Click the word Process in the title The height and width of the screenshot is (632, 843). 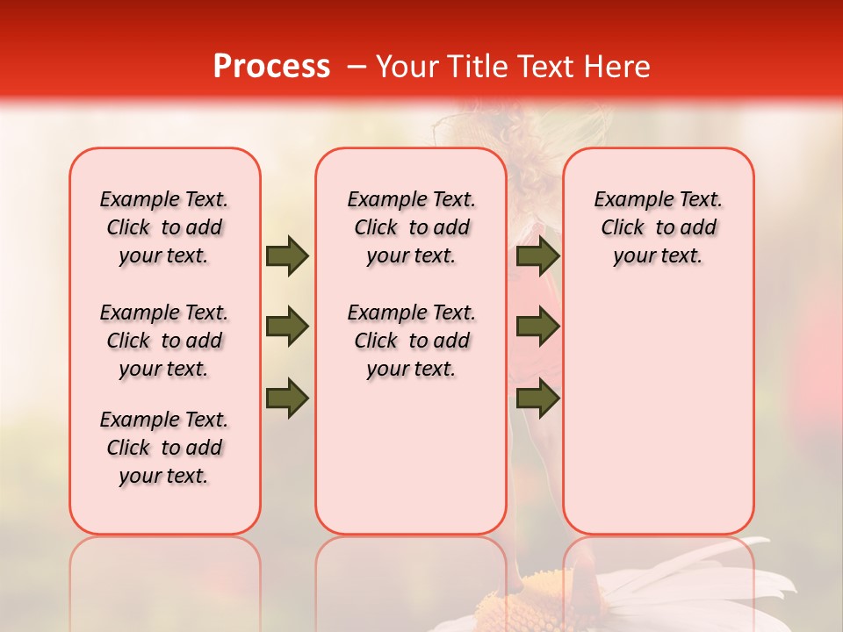271,67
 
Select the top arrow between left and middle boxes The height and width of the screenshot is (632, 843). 287,255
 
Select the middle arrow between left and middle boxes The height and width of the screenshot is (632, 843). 287,327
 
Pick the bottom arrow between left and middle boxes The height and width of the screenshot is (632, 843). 287,398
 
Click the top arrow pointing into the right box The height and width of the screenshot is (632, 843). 537,255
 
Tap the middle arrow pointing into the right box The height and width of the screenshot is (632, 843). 537,327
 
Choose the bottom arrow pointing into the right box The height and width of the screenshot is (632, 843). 537,398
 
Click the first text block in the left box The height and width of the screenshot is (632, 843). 164,227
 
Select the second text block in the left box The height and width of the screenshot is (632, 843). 164,341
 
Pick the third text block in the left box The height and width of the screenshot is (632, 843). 164,448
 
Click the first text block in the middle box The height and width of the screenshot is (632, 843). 411,227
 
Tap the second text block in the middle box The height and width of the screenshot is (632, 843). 411,341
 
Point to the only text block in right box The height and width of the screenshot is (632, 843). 658,227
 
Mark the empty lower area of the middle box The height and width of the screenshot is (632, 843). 411,456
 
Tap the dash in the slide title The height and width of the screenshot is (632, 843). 357,67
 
